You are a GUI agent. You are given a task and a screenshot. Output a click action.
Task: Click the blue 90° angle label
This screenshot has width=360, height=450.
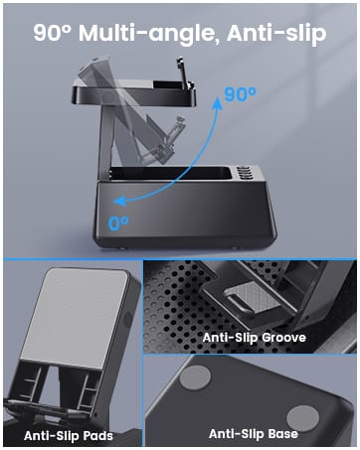click(x=240, y=94)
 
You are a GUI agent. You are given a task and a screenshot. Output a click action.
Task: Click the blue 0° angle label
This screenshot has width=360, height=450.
click(x=118, y=223)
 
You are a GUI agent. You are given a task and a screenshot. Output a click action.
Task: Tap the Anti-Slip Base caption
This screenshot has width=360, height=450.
click(x=253, y=433)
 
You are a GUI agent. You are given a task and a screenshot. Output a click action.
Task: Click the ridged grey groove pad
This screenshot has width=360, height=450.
click(x=243, y=298)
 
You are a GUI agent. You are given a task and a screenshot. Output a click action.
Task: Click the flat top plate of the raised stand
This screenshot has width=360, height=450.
click(x=134, y=93)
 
